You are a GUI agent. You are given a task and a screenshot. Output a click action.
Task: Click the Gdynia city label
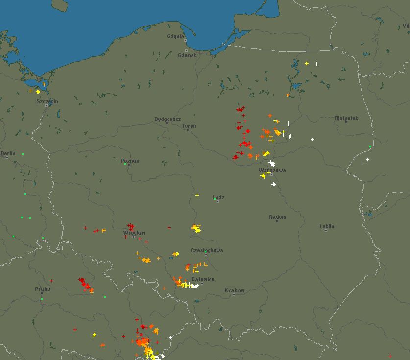click(x=175, y=36)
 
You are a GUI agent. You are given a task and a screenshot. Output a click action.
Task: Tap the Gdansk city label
click(x=187, y=55)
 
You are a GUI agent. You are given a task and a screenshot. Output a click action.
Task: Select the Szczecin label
click(x=47, y=101)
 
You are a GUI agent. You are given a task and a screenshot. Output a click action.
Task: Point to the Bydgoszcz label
click(x=168, y=119)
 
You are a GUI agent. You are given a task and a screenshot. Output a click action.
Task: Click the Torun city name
click(x=189, y=126)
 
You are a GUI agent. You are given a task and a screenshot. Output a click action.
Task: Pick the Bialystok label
click(x=346, y=118)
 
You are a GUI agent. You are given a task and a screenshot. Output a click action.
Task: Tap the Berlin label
click(x=8, y=153)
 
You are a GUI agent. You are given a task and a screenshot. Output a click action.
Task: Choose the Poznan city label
click(x=130, y=161)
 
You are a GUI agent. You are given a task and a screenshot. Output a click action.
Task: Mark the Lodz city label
click(x=219, y=197)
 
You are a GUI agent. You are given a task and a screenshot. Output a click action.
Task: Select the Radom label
click(x=277, y=217)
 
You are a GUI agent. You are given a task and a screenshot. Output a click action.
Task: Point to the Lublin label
click(x=327, y=226)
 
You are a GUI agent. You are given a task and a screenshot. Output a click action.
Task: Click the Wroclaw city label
click(x=134, y=232)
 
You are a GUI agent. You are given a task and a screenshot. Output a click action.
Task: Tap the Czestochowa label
click(x=207, y=250)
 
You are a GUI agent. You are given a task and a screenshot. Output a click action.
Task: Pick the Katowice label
click(x=202, y=279)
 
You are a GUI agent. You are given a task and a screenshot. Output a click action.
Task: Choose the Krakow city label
click(x=234, y=290)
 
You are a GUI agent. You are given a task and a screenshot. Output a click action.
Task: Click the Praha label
click(x=42, y=289)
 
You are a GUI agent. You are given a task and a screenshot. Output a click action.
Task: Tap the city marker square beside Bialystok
click(x=346, y=122)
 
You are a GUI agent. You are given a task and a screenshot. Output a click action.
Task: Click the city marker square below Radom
click(x=277, y=221)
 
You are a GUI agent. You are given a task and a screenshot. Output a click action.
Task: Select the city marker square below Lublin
click(x=327, y=230)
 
